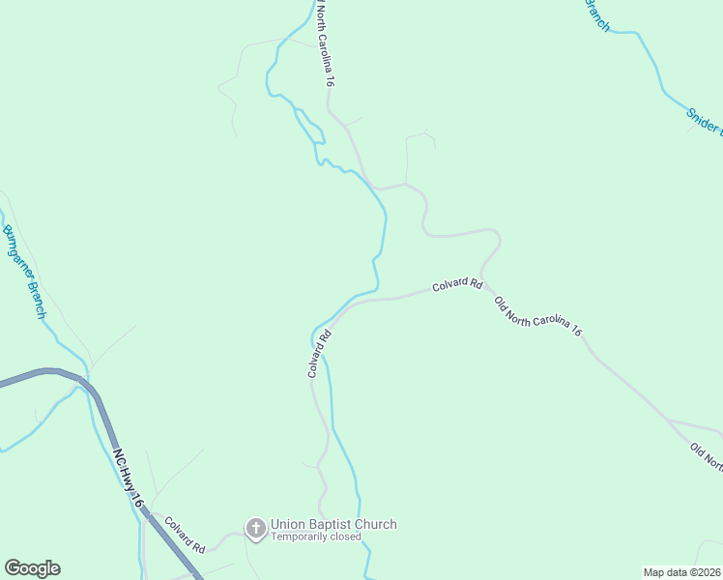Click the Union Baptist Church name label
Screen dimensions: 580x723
pos(333,525)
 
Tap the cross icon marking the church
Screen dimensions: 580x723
pos(256,528)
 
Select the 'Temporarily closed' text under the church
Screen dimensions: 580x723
pos(315,537)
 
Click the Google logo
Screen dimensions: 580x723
pos(32,567)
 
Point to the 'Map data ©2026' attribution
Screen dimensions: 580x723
pos(681,572)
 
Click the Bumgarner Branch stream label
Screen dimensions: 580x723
pos(23,272)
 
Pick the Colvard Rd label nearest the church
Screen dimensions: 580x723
pos(185,534)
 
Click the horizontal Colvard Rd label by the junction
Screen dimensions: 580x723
pos(456,285)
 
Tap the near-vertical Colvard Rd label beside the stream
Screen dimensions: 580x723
pos(319,354)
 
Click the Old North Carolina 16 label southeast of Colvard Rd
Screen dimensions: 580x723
pos(537,316)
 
